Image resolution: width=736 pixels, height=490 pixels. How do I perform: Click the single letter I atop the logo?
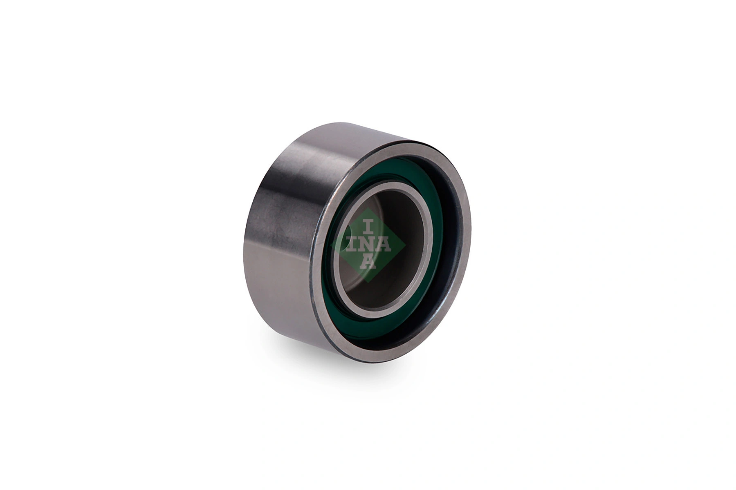(368, 226)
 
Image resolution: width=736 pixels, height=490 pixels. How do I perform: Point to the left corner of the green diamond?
(332, 245)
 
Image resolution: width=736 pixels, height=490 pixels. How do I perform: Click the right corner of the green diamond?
(404, 245)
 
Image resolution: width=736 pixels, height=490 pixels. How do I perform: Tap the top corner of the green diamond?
(368, 209)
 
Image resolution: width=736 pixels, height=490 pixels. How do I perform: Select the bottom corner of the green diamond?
(368, 281)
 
